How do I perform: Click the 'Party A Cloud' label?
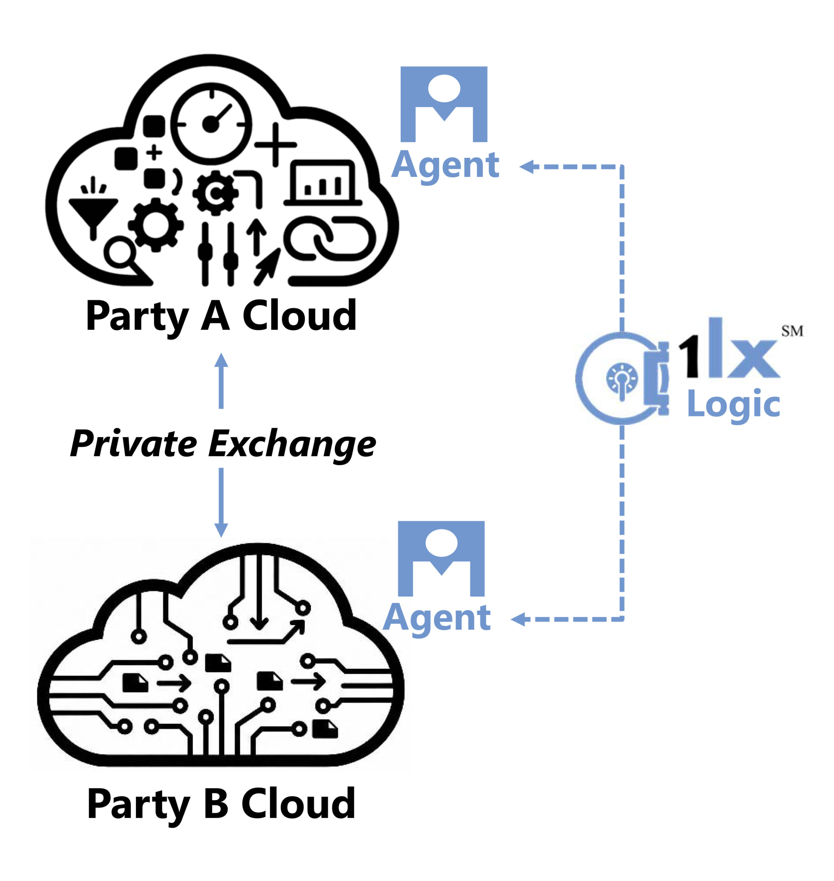click(x=221, y=317)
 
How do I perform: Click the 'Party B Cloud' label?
click(x=221, y=804)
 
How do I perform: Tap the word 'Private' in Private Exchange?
click(x=133, y=444)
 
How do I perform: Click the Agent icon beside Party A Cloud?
click(x=444, y=105)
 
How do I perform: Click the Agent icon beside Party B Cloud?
click(x=441, y=559)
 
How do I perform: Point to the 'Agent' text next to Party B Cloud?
click(x=437, y=618)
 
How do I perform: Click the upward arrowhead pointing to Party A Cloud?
click(x=221, y=360)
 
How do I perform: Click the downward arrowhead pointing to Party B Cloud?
click(x=221, y=530)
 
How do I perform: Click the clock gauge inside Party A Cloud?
click(x=211, y=124)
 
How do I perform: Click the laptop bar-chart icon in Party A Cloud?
click(x=323, y=183)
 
